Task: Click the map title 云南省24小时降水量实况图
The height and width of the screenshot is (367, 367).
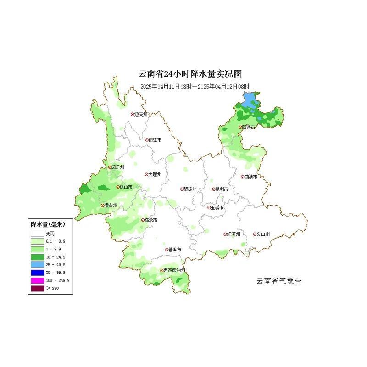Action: point(190,74)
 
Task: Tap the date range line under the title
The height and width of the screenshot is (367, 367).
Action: point(195,86)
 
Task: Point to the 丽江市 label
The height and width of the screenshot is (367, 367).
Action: point(155,140)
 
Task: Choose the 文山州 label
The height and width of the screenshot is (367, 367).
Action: point(262,234)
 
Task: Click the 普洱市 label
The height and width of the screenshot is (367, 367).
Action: point(174,250)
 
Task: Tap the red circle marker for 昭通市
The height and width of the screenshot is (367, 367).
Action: point(240,128)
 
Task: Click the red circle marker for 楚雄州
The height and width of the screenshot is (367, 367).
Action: point(182,189)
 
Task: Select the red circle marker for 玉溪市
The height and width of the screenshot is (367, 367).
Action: point(209,208)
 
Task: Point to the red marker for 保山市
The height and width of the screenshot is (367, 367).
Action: point(118,187)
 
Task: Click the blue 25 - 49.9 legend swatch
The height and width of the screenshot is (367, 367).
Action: point(38,265)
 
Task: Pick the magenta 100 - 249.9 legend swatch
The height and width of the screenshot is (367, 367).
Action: point(38,280)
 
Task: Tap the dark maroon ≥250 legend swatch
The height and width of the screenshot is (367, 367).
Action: point(38,288)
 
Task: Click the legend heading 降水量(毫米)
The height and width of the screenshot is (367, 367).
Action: point(48,224)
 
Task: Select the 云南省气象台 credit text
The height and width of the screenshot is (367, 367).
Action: point(278,281)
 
